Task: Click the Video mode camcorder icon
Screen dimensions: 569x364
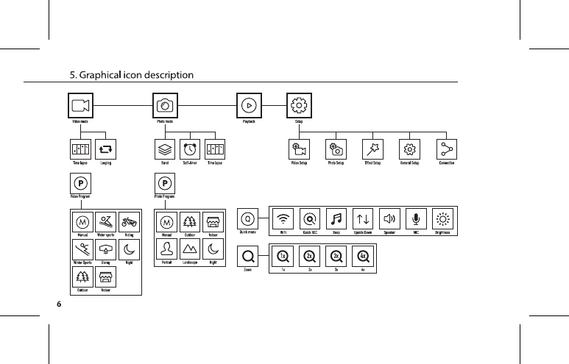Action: point(80,105)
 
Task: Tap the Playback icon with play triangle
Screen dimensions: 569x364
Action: point(249,105)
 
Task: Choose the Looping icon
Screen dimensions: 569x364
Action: point(106,149)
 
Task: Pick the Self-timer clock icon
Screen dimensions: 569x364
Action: point(190,149)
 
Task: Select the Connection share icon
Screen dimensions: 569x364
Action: point(446,149)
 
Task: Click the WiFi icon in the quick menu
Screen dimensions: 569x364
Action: point(283,218)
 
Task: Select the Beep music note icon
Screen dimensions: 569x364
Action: point(336,218)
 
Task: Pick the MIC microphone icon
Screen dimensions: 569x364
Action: point(417,218)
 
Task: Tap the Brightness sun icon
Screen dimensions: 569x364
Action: point(443,218)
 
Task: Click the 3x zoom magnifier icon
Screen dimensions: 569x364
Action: point(336,257)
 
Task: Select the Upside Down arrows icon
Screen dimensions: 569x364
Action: point(363,218)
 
